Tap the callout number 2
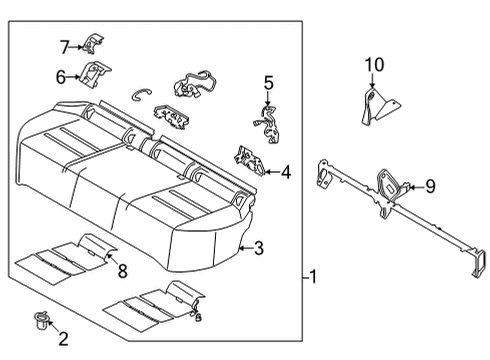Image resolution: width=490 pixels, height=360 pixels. [62, 340]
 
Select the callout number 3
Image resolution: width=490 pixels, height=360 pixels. [258, 248]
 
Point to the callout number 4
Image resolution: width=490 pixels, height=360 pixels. [286, 172]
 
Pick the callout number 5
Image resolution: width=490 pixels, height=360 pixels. [268, 83]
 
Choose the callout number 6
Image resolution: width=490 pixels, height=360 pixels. [61, 76]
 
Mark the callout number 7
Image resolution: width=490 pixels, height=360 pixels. [64, 46]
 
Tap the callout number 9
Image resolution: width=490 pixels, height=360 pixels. [430, 185]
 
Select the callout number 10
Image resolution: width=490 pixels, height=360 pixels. [374, 66]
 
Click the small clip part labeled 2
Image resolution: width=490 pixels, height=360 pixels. [41, 320]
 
